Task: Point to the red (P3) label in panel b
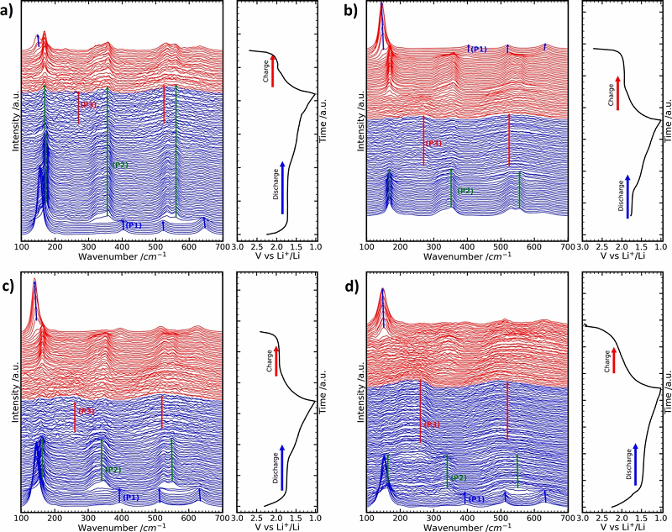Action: coord(433,144)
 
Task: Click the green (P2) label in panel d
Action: coord(458,478)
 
